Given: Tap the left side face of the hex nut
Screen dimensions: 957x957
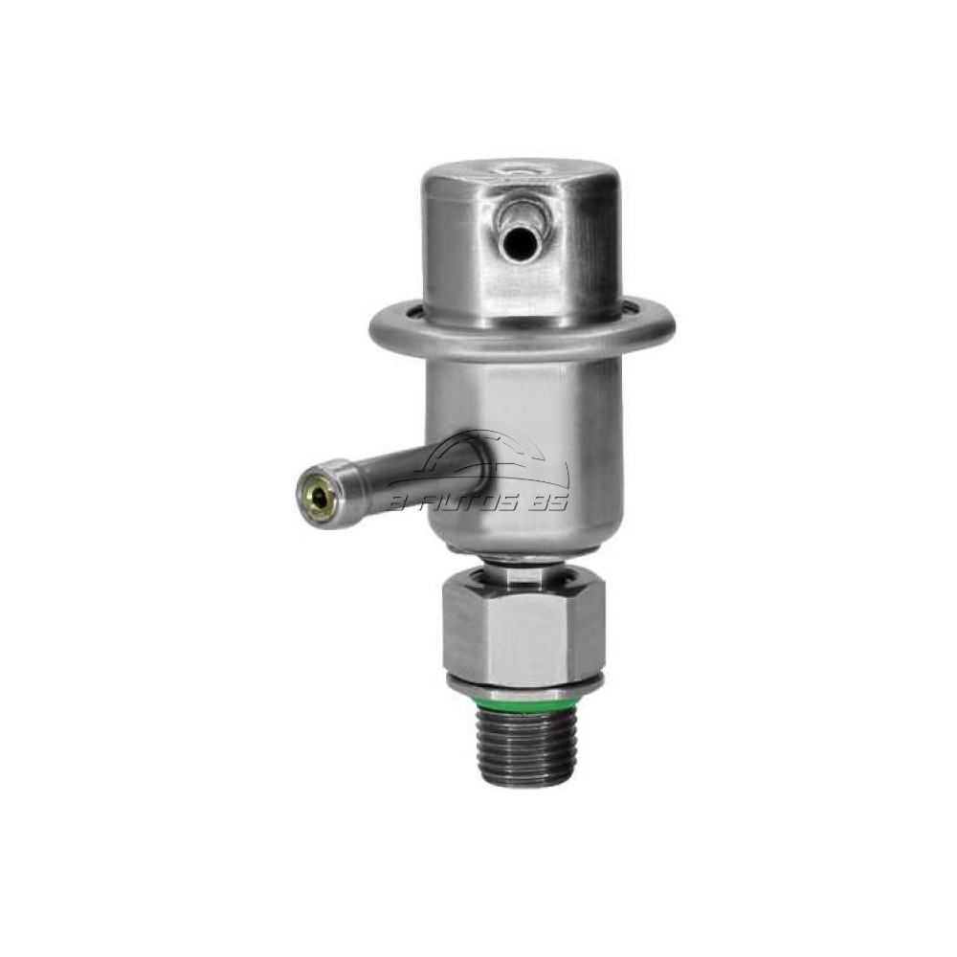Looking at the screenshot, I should point(456,636).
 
